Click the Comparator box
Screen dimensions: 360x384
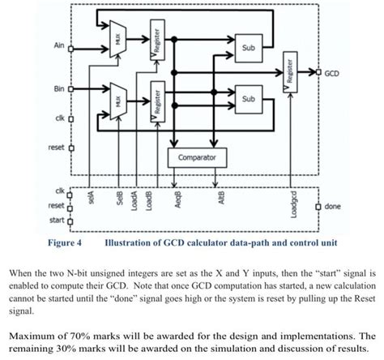(197, 156)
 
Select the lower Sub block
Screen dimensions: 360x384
(246, 100)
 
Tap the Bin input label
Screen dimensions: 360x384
(58, 85)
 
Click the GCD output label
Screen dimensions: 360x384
(333, 73)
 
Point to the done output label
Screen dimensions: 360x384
(331, 206)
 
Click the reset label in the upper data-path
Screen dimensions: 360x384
(55, 148)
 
